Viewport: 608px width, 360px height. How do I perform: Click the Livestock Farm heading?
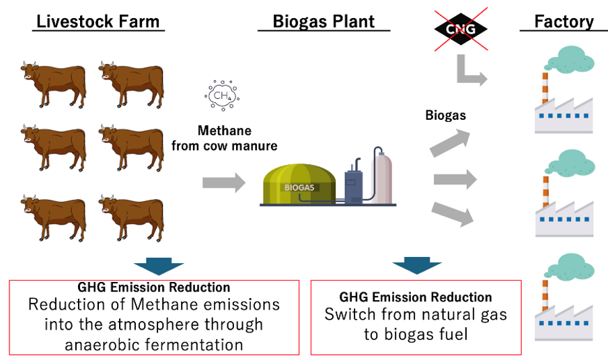98,22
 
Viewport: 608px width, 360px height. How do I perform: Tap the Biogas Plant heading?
324,22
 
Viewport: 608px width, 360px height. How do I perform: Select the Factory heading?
564,22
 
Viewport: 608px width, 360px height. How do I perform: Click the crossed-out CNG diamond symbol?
461,29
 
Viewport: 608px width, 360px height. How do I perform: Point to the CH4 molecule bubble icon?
222,96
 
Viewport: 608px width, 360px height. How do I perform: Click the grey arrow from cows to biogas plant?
224,182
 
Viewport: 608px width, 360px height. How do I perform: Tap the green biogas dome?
299,184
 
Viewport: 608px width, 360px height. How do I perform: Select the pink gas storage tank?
381,174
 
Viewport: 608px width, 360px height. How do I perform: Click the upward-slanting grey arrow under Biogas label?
450,143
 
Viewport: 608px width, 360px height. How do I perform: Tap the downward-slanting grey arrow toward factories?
453,214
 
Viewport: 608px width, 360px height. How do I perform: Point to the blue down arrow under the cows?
159,265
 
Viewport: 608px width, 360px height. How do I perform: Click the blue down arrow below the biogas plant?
417,265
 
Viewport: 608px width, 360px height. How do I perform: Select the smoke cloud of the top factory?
571,59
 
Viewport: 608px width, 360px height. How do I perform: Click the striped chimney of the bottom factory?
545,295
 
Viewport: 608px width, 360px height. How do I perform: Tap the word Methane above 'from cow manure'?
225,131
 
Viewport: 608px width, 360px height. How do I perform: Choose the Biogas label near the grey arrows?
445,116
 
